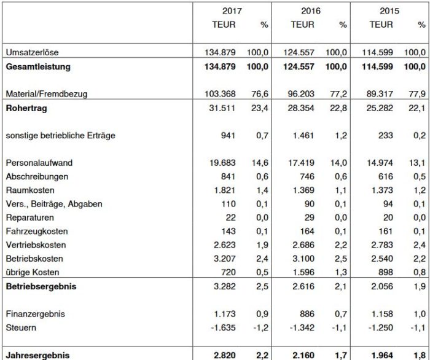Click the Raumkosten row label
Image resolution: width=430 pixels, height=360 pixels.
[27, 190]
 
